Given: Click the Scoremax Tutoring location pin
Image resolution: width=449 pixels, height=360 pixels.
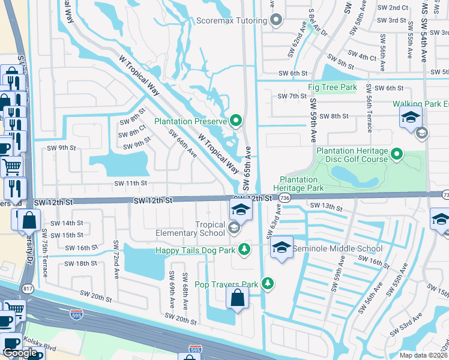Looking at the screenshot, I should [x=276, y=20].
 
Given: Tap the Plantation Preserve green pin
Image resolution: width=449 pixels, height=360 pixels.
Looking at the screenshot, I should [x=235, y=121].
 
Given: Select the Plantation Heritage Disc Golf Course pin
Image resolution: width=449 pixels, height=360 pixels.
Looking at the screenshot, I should [x=396, y=155].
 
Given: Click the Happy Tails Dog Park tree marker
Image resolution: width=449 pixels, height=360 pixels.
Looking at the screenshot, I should [x=244, y=249].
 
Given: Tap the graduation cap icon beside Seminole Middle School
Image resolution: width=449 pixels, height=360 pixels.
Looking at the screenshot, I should [x=282, y=247].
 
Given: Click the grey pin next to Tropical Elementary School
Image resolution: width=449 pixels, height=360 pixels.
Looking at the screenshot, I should [x=234, y=228].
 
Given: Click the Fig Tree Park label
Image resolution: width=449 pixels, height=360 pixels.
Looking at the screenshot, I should [x=332, y=88].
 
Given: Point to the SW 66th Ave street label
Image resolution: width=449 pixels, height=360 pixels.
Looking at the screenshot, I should [x=183, y=144].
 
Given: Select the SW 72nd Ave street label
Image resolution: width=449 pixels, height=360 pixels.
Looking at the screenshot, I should [x=116, y=260].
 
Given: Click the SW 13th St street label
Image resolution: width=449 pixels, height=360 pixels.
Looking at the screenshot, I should [x=327, y=207].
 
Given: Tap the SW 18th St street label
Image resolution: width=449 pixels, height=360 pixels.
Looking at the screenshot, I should [x=80, y=263].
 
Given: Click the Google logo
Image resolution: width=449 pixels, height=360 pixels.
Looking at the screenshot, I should [x=20, y=353].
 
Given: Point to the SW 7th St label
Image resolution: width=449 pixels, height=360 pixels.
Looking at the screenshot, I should [x=292, y=96].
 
